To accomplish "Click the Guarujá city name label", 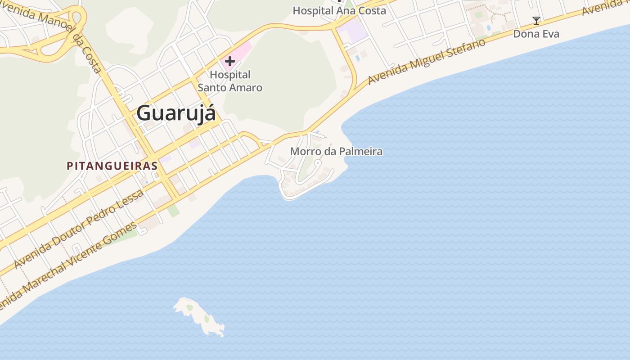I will pyautogui.click(x=176, y=112).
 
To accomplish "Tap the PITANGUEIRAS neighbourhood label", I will pyautogui.click(x=112, y=166).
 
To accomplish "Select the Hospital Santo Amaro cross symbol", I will pyautogui.click(x=230, y=61).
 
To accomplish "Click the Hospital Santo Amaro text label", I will pyautogui.click(x=230, y=81).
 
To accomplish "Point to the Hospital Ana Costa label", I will pyautogui.click(x=339, y=11).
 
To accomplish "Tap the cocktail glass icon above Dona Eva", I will pyautogui.click(x=536, y=21).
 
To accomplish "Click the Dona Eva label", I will pyautogui.click(x=536, y=34).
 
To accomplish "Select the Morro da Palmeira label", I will pyautogui.click(x=336, y=151).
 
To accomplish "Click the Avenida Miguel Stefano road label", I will pyautogui.click(x=427, y=61).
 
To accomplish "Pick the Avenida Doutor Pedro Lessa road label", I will pyautogui.click(x=79, y=229).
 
